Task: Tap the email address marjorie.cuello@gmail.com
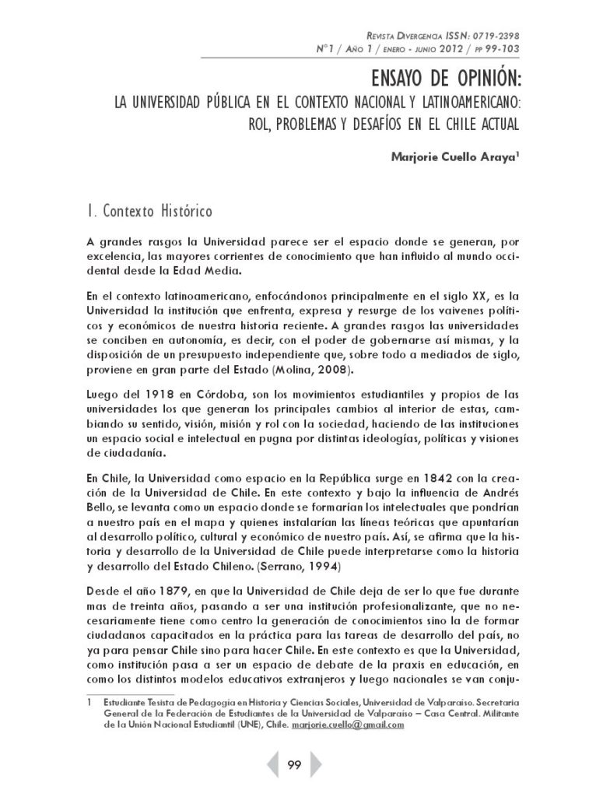tap(348, 725)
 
